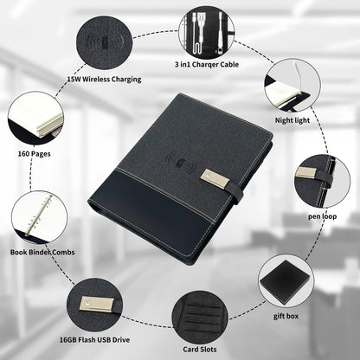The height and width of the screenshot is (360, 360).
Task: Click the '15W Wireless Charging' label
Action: click(x=104, y=79)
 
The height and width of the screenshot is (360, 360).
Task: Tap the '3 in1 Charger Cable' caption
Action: click(x=207, y=64)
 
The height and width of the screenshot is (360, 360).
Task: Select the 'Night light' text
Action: click(x=292, y=120)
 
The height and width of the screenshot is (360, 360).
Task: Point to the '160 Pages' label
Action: click(x=34, y=154)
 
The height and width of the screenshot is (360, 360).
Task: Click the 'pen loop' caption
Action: click(x=322, y=216)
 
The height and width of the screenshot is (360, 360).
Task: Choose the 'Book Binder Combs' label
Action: click(x=42, y=252)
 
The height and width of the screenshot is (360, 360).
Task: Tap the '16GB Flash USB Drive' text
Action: click(x=94, y=340)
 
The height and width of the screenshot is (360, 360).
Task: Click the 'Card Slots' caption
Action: click(x=200, y=350)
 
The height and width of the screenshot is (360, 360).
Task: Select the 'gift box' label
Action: click(x=286, y=316)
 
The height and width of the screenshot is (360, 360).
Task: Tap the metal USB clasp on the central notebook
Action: click(x=215, y=178)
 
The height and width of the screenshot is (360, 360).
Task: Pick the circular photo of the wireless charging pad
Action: click(x=105, y=42)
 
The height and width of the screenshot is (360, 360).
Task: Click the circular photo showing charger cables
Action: click(x=206, y=32)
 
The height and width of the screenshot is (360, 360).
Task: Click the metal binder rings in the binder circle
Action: click(x=38, y=215)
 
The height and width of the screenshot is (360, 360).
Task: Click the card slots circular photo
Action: click(x=200, y=317)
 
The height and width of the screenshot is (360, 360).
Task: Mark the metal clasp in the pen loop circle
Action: click(x=306, y=173)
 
